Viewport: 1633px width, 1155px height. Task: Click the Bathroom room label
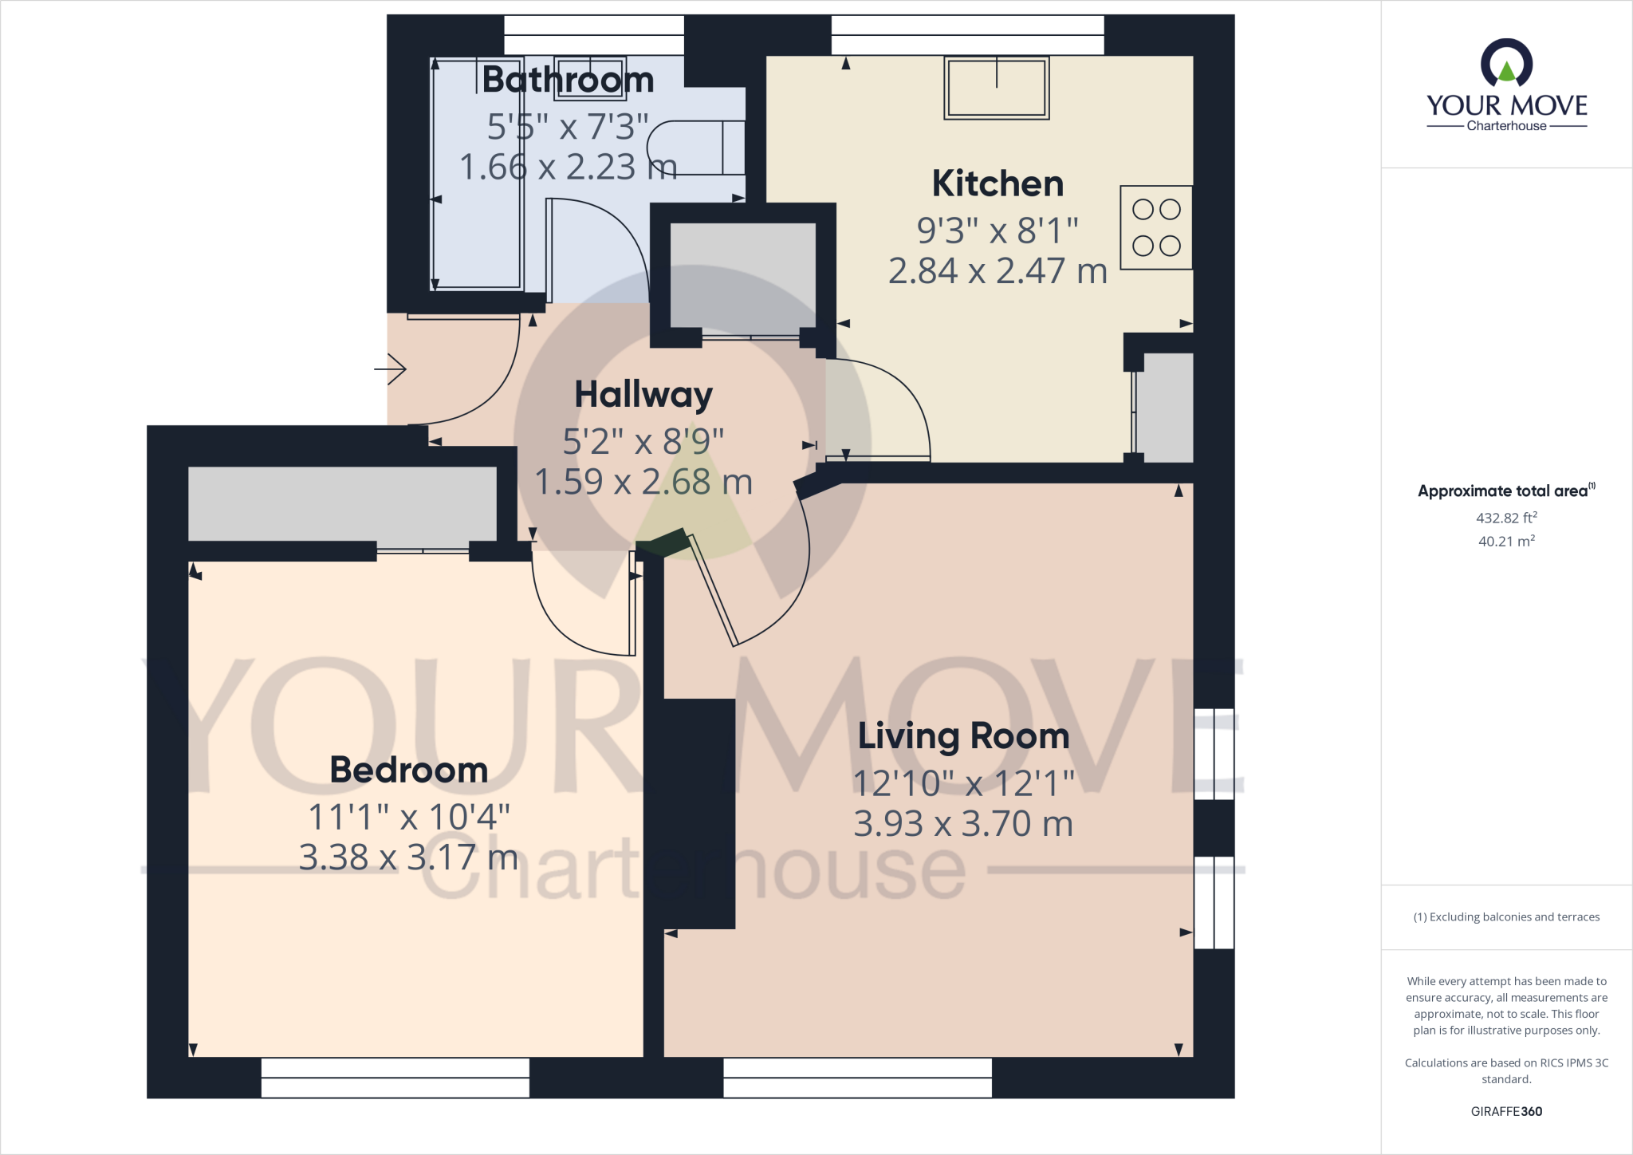(x=568, y=80)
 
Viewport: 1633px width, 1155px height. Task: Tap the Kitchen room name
(x=998, y=183)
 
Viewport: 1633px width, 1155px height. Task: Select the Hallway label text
(x=643, y=394)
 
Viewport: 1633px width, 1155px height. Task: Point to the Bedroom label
(x=408, y=770)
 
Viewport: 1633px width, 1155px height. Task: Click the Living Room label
(x=963, y=735)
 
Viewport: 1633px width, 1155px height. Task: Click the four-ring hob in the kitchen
(x=1156, y=227)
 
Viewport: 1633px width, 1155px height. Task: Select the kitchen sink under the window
(x=996, y=88)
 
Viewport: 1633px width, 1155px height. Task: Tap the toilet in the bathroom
(x=694, y=148)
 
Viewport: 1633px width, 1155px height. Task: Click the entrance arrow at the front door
(x=391, y=369)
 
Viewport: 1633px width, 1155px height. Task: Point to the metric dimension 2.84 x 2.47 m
(x=998, y=271)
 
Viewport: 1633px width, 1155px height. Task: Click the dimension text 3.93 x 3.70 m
(x=963, y=824)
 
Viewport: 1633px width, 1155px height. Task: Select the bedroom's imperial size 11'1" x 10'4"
(x=408, y=817)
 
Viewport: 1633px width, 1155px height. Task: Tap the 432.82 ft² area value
(x=1506, y=518)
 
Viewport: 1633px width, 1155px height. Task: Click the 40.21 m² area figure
(x=1506, y=541)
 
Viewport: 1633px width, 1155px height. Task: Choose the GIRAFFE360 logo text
(x=1506, y=1111)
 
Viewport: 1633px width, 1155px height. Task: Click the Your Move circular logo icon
(x=1506, y=64)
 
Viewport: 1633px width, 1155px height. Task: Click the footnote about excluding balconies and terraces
(x=1506, y=917)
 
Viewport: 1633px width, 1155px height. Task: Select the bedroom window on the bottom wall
(x=395, y=1078)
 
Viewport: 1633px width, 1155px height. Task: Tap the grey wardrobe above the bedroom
(x=342, y=503)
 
